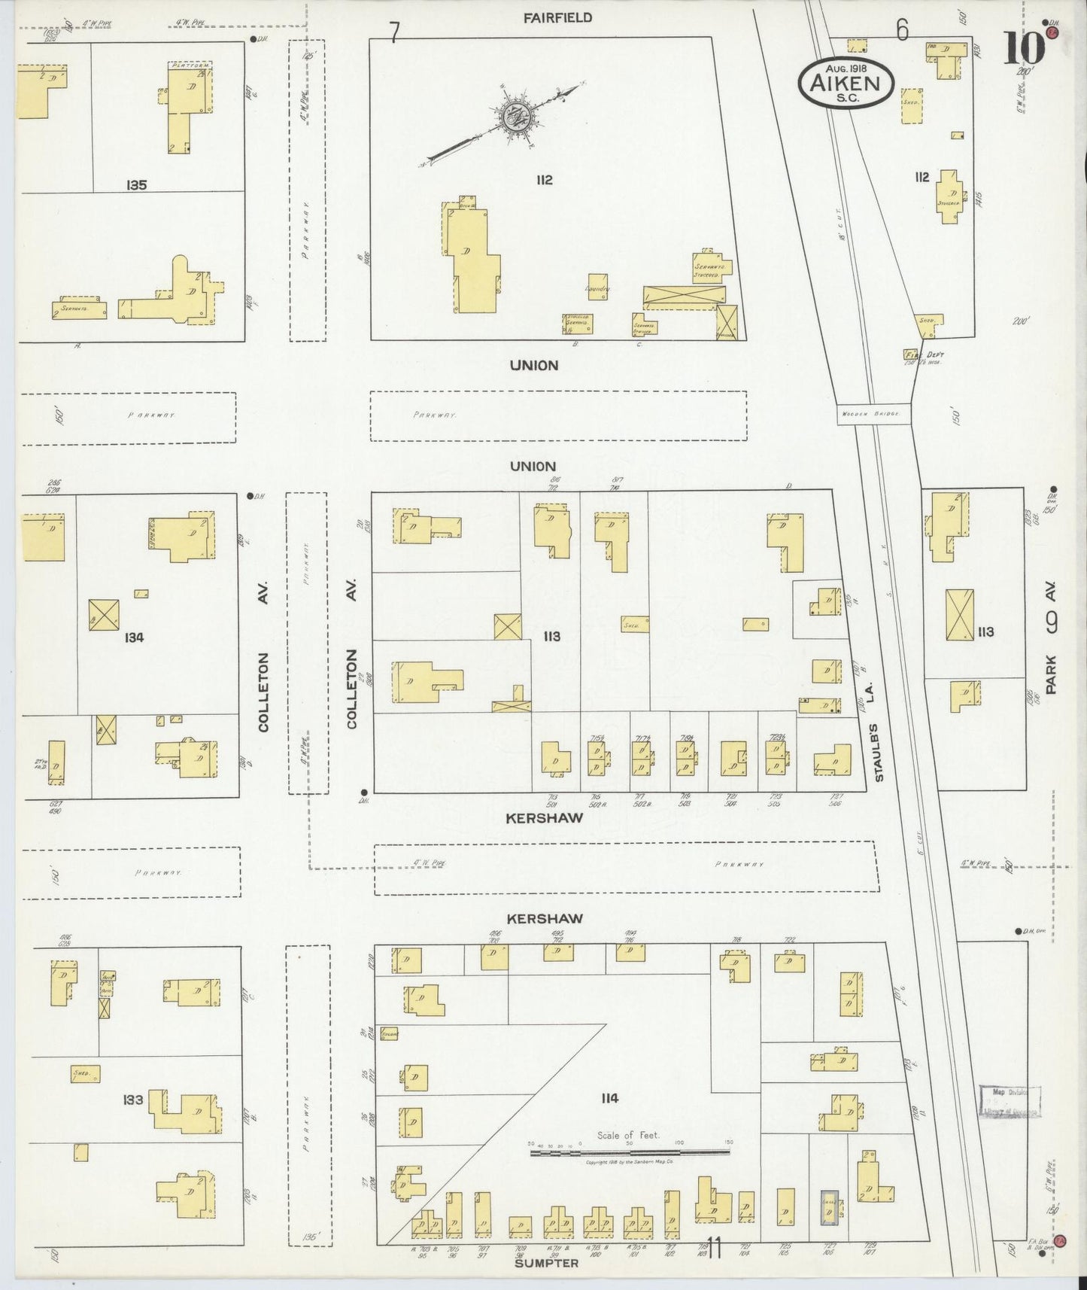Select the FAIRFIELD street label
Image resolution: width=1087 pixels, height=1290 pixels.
(x=557, y=17)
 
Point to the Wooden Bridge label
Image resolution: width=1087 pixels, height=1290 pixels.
(x=873, y=414)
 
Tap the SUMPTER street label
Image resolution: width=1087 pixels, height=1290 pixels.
(x=546, y=1263)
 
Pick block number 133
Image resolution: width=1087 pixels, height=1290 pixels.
(x=133, y=1100)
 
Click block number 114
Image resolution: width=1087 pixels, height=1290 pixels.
(x=609, y=1098)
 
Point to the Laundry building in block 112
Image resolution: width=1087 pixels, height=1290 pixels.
(x=598, y=288)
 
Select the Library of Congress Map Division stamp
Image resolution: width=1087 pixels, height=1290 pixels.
(x=1010, y=1102)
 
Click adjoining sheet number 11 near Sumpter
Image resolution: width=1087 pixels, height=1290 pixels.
(x=714, y=1250)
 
